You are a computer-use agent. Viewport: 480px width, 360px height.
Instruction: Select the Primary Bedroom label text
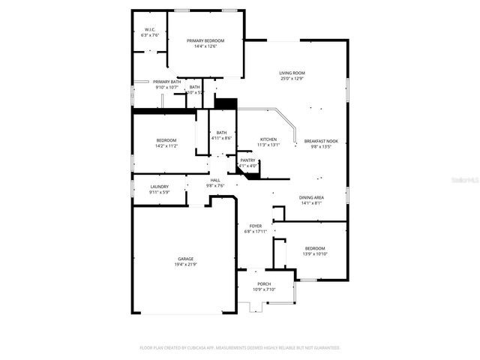(x=205, y=40)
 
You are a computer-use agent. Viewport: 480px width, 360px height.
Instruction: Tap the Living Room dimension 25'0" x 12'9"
(x=292, y=79)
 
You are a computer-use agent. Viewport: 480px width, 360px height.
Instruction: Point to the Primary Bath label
(x=166, y=82)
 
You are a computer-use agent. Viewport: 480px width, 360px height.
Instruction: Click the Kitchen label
(x=268, y=139)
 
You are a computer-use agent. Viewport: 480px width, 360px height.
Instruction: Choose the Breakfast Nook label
(x=321, y=141)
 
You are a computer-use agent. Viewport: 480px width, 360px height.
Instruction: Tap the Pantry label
(x=247, y=160)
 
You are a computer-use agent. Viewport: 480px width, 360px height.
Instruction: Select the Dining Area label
(x=310, y=197)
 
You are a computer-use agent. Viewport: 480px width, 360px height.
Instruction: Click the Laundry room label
(x=159, y=187)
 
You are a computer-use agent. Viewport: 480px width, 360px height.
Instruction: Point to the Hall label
(x=215, y=181)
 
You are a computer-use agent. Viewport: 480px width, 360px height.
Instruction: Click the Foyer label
(x=256, y=226)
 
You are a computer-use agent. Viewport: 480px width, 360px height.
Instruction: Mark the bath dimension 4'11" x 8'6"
(x=222, y=138)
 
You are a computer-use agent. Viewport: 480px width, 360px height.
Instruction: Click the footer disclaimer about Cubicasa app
(x=240, y=348)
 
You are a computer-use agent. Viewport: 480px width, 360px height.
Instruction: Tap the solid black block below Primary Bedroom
(x=226, y=103)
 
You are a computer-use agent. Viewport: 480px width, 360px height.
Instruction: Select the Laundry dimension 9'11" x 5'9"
(x=160, y=192)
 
